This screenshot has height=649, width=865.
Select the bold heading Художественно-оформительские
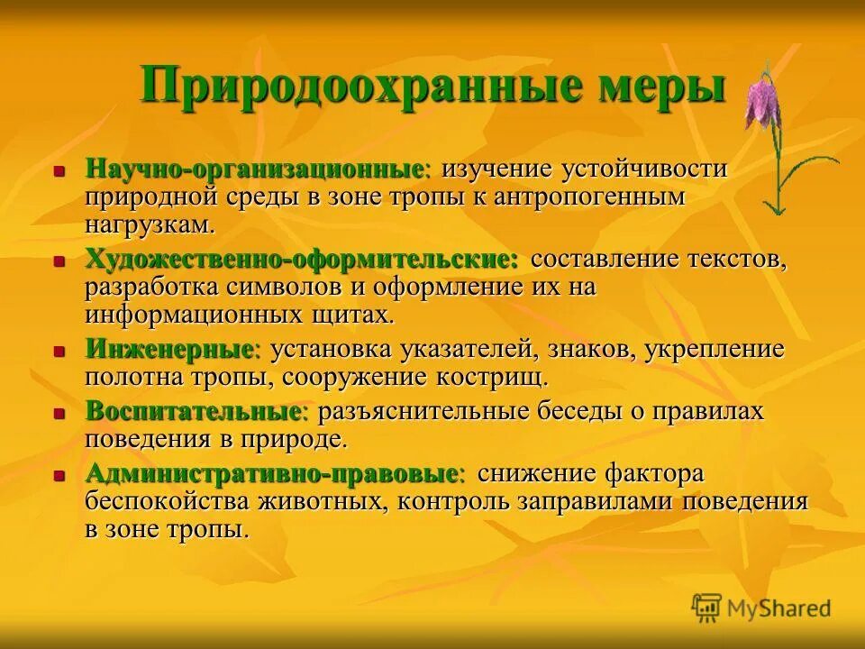point(302,260)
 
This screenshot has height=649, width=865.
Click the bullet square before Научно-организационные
point(59,170)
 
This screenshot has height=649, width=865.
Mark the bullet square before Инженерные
point(59,350)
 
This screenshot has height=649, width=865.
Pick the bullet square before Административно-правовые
point(59,475)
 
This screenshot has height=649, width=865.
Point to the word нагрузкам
point(150,224)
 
